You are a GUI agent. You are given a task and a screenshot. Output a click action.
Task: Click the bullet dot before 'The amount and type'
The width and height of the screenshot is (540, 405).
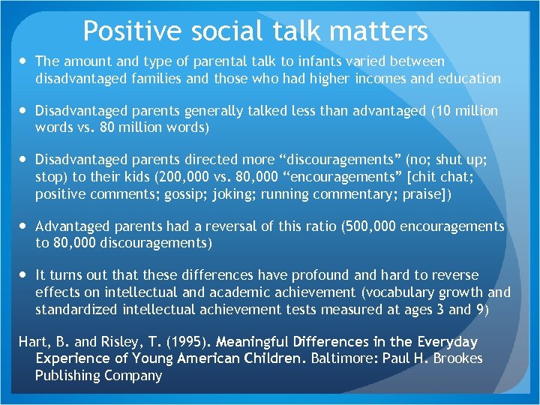pos(23,61)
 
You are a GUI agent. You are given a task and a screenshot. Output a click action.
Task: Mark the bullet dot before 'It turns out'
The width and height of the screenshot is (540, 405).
pos(23,275)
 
